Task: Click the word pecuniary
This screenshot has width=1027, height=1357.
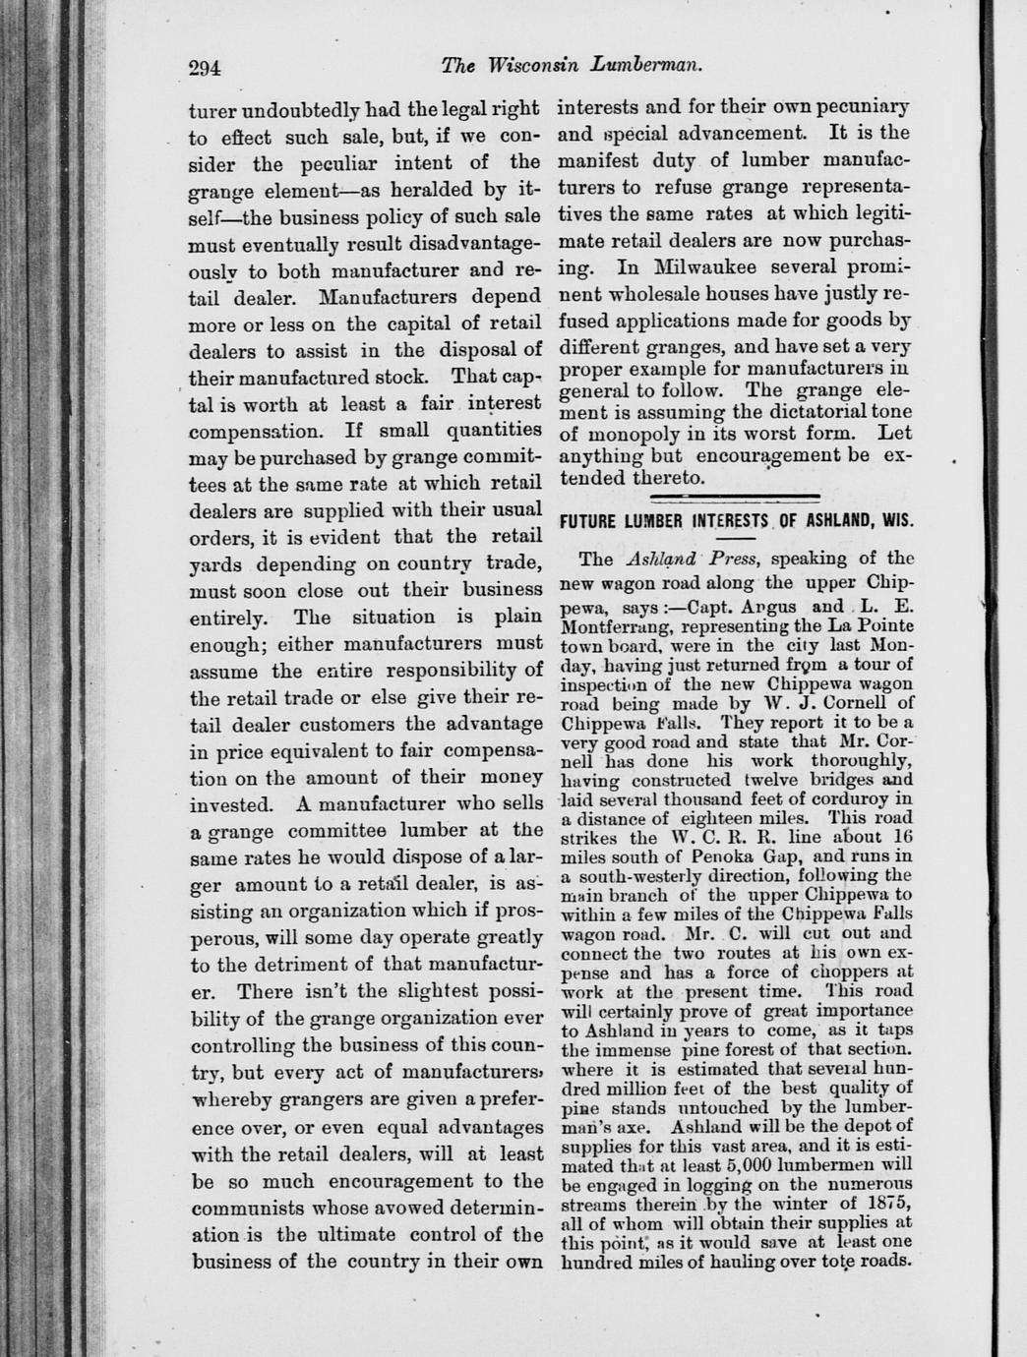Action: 857,107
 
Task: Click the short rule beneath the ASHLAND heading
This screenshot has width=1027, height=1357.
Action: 735,539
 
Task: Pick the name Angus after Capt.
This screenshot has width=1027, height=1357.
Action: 765,607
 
